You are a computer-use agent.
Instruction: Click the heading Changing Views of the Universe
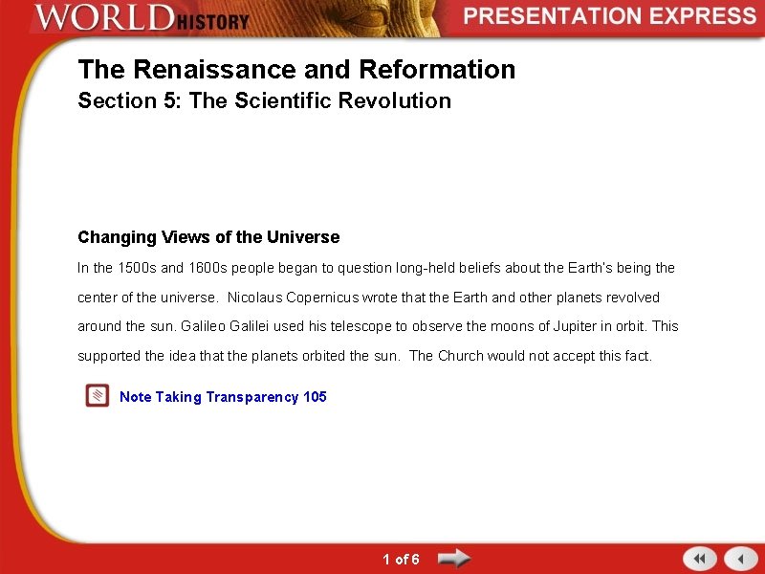[208, 237]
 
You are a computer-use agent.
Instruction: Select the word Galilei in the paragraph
[251, 326]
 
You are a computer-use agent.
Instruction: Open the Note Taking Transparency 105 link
[223, 397]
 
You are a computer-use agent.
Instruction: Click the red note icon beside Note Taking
[97, 396]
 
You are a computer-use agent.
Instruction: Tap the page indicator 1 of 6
[401, 559]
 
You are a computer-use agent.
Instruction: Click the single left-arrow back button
[740, 559]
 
